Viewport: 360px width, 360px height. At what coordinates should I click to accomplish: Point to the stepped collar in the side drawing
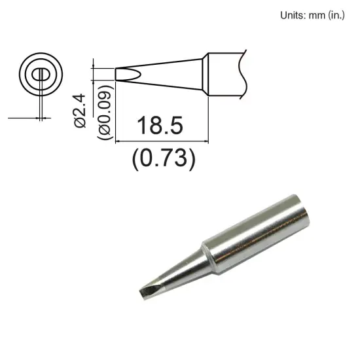pyautogui.click(x=205, y=72)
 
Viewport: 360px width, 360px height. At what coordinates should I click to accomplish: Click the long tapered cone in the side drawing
pyautogui.click(x=167, y=72)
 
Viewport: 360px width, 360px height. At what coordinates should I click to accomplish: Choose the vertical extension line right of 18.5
pyautogui.click(x=209, y=118)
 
